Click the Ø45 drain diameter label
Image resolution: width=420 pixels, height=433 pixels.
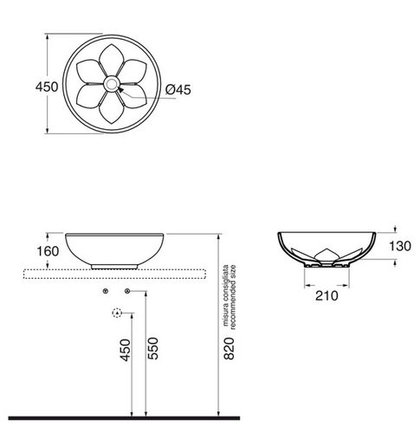point(178,89)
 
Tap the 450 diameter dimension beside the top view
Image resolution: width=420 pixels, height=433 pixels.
point(47,87)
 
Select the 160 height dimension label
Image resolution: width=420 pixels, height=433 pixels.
point(48,251)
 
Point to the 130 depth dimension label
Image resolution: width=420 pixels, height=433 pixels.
point(400,246)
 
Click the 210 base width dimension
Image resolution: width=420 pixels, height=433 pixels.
point(326,296)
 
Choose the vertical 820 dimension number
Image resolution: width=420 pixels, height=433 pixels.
point(229,348)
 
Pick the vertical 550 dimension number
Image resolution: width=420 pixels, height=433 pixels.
point(153,348)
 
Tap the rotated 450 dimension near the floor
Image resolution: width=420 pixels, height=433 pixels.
point(126,350)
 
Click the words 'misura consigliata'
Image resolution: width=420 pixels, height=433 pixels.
point(226,295)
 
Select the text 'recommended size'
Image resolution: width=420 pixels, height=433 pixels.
point(233,297)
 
